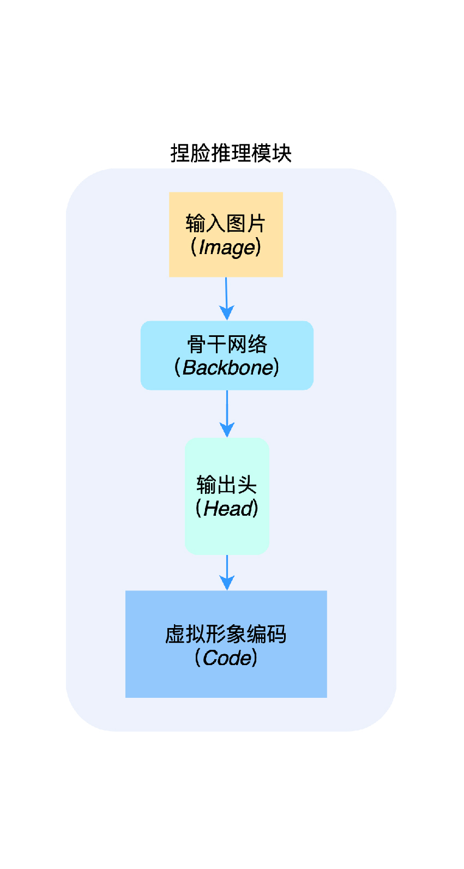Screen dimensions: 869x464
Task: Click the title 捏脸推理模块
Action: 231,153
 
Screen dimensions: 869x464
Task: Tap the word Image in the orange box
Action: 227,248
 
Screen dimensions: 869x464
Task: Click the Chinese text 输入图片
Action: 225,224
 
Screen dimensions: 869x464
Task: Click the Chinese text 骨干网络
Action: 227,344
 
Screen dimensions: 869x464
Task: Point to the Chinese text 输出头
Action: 226,485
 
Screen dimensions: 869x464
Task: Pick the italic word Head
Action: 228,509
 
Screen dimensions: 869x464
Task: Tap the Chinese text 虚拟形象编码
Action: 226,634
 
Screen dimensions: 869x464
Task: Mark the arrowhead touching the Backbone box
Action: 227,313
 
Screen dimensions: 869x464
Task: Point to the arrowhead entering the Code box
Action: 227,583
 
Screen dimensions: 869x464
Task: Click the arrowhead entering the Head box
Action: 227,430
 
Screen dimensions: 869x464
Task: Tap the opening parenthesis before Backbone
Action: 177,367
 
